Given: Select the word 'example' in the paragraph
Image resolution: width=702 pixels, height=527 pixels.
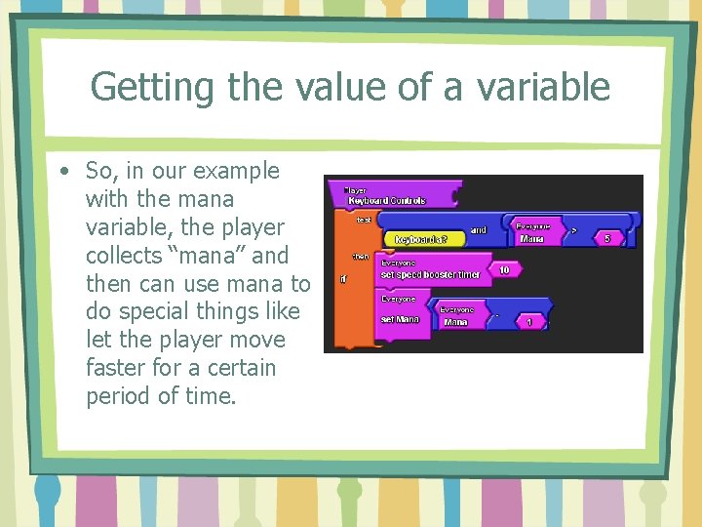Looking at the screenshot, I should coord(236,172).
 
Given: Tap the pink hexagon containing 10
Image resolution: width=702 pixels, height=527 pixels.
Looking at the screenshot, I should coord(504,269).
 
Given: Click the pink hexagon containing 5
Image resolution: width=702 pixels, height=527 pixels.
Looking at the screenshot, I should coord(607,237).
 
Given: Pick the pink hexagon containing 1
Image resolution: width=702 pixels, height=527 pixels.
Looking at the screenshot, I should coord(529,321).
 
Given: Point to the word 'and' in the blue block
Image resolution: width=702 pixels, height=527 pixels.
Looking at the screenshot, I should coord(479,230).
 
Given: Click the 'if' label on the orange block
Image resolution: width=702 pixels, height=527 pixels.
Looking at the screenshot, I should coord(343,277).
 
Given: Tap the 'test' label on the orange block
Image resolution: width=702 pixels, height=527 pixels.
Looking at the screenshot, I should coord(363,220).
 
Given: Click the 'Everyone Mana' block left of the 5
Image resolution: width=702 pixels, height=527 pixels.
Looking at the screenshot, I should coord(534,232).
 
